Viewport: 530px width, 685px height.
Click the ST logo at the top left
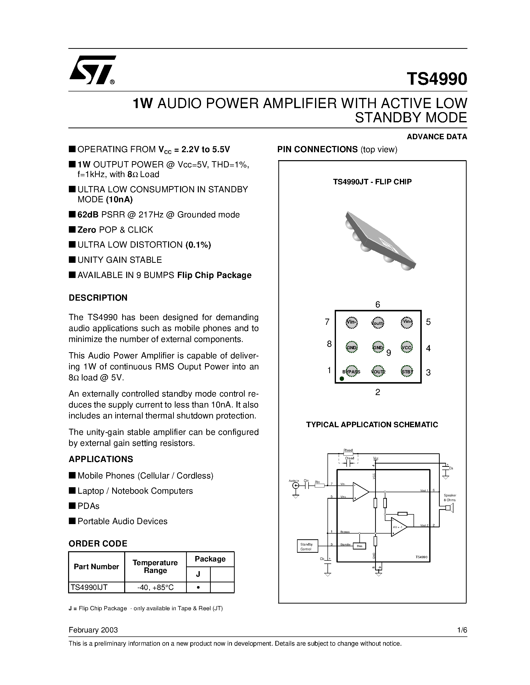(92, 70)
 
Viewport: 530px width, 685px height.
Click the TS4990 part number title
(436, 79)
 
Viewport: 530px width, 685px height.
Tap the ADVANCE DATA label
(436, 137)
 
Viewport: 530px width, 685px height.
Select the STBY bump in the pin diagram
(407, 372)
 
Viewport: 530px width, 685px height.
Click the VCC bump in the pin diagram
(407, 347)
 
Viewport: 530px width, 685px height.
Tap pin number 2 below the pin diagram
(378, 392)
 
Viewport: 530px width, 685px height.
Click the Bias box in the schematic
(359, 546)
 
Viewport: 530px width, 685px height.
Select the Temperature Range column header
(155, 566)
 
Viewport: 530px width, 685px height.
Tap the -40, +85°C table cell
(155, 587)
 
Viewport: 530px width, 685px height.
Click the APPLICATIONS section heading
(101, 459)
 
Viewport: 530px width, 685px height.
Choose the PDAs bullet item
(88, 506)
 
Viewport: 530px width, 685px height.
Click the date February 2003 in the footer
(93, 630)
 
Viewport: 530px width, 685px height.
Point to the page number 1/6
(462, 630)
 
